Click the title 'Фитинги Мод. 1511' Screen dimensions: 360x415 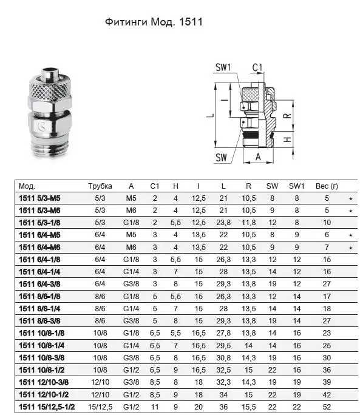coord(154,22)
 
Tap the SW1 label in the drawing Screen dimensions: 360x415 coord(223,67)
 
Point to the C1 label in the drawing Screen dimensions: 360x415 coord(257,67)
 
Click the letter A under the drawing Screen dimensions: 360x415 coord(258,157)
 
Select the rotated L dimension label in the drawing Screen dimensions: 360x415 coord(210,115)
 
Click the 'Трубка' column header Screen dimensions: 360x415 coord(100,186)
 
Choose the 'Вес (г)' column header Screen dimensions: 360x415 coord(327,186)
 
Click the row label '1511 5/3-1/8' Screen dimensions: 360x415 coord(39,223)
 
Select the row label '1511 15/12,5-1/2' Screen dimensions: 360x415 coord(47,407)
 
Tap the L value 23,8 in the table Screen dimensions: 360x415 coord(223,223)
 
